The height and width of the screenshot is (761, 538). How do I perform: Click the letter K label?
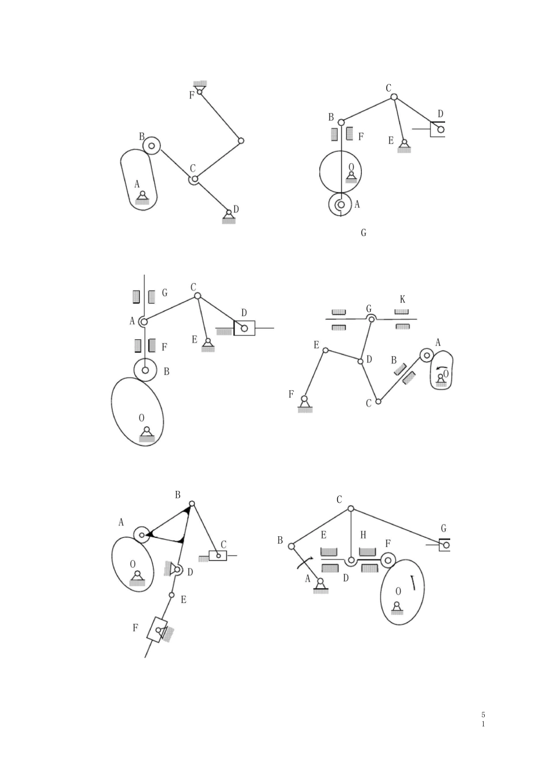coord(403,300)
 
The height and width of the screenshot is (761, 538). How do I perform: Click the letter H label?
coord(364,535)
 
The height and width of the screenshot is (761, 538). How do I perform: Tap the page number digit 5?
coord(483,715)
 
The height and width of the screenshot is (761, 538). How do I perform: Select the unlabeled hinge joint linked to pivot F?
coord(241,140)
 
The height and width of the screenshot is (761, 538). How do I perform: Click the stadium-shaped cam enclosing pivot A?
coord(139,179)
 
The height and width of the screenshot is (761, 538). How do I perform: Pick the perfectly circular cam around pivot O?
coord(340,172)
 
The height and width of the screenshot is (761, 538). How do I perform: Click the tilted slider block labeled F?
coord(157,630)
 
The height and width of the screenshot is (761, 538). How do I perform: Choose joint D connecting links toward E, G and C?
coord(360,361)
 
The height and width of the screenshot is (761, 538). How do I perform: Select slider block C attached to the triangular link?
coord(218,555)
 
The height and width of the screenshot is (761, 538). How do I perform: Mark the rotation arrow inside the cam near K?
coord(440,368)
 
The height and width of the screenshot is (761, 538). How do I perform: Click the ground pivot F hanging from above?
coord(200,89)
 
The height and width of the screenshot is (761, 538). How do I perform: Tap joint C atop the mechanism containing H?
coord(351,508)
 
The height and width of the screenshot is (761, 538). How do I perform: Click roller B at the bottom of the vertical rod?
coord(146,370)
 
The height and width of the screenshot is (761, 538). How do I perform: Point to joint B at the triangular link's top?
coord(191,503)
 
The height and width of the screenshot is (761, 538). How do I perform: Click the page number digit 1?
coord(483,724)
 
